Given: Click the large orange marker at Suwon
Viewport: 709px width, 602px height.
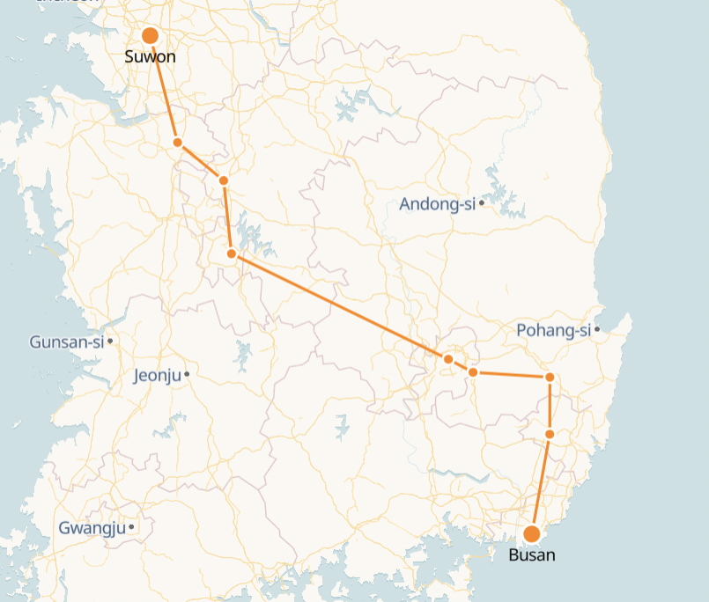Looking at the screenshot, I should tap(150, 35).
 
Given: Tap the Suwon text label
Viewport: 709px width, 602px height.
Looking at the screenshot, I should tap(150, 57).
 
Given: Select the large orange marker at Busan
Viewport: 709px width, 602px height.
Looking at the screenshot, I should tap(532, 533).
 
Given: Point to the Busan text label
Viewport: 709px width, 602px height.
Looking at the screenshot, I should tap(532, 555).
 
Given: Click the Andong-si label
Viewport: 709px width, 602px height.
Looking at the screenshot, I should tap(437, 204).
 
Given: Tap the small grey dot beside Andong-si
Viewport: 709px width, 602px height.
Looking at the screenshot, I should tap(482, 203).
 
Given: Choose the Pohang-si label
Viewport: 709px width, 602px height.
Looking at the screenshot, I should tap(553, 330).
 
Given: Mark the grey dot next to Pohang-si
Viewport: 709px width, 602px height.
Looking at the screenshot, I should tap(597, 329).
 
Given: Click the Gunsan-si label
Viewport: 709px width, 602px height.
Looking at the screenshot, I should tap(66, 341).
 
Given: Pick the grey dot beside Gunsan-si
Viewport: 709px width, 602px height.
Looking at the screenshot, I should tap(110, 341).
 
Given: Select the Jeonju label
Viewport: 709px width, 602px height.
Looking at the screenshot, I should tap(157, 376).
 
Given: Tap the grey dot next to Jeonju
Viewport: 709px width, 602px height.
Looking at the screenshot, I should tap(187, 374).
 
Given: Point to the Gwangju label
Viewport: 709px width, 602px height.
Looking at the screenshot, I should tap(92, 528).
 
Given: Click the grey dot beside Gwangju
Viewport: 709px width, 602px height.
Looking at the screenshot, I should tap(131, 527).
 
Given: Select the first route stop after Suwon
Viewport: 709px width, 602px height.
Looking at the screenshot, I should tap(177, 142).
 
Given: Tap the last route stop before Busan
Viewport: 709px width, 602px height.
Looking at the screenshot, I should tap(550, 434).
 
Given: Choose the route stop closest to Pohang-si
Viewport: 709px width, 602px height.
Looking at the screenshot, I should tap(550, 377).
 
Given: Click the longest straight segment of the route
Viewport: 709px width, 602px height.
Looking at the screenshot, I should tap(339, 306).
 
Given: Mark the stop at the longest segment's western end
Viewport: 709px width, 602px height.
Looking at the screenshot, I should tap(231, 253).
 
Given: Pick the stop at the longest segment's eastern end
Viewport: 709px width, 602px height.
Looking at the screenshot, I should tap(448, 359).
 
